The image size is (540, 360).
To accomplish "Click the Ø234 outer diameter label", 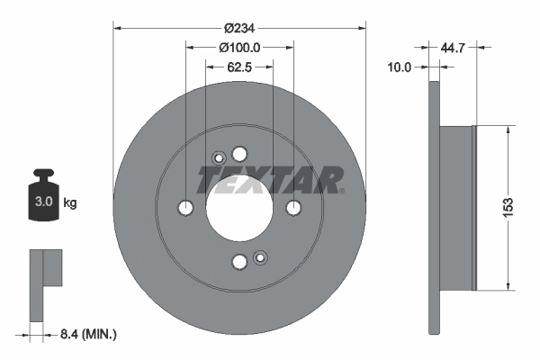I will point(239,14).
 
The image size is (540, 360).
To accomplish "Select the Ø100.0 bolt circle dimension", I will point(239,46).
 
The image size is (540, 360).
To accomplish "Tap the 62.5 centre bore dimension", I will point(238,67).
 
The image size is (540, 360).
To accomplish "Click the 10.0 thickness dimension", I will point(398,67).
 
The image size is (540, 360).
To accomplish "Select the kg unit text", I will point(70,203).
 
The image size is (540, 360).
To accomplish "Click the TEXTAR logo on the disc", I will point(270,179).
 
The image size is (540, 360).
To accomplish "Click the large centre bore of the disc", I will point(239,207).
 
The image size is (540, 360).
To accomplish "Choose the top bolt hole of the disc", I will point(239,153).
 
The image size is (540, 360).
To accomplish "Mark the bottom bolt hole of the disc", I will point(239,262).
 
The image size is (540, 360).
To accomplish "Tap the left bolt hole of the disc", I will point(185,208).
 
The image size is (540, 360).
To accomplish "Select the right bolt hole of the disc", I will point(293,208).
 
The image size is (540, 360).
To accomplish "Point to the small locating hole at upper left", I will point(218,159).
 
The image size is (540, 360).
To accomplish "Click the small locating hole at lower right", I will point(260,256).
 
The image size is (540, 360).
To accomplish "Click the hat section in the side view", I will point(456,207).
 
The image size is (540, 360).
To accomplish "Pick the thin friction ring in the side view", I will point(434,207).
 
